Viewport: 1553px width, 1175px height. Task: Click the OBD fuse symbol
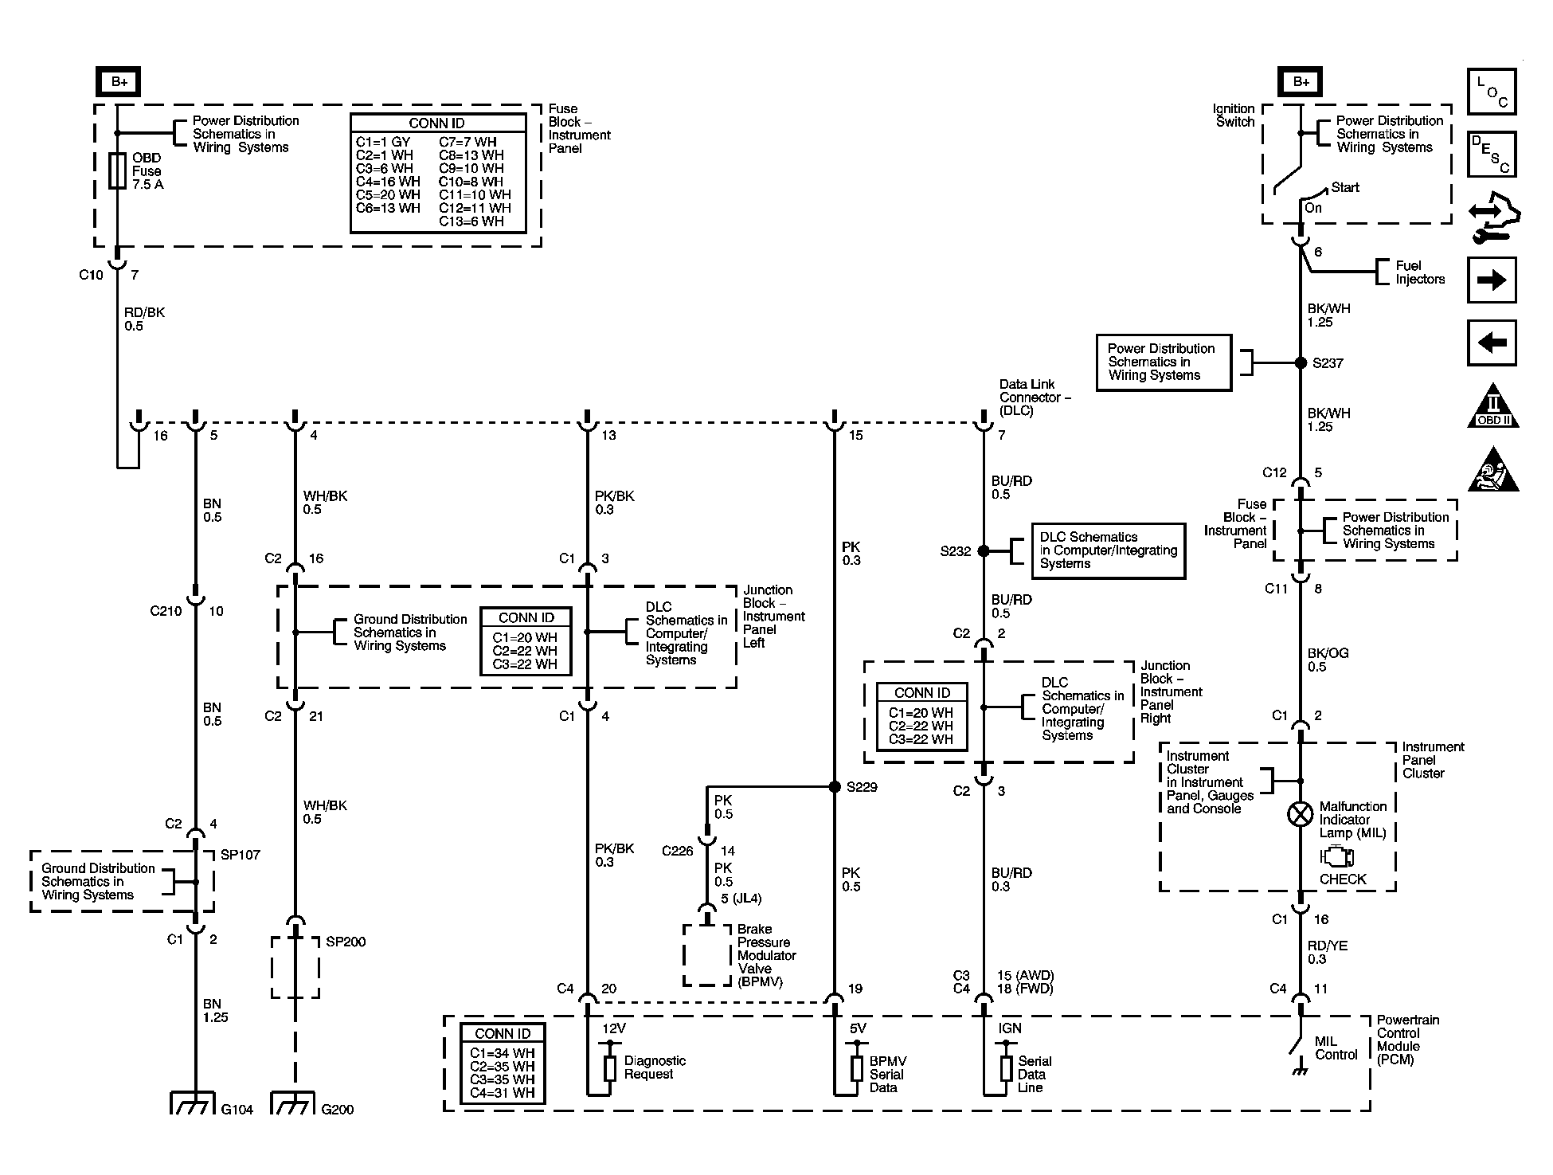(x=117, y=171)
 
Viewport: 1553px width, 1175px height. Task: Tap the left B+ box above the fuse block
(x=119, y=82)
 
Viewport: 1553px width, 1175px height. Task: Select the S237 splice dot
(x=1301, y=362)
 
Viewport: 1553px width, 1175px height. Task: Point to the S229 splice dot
(x=835, y=787)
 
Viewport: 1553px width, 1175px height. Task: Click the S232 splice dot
(x=984, y=550)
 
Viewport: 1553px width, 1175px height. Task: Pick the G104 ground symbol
(x=193, y=1103)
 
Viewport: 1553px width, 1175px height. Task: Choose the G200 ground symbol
(x=294, y=1103)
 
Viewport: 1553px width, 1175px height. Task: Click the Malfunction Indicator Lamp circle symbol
(x=1301, y=814)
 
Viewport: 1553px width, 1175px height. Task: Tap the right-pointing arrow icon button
(x=1492, y=280)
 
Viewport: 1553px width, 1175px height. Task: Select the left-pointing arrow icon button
(x=1492, y=343)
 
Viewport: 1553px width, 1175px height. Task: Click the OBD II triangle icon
(x=1493, y=406)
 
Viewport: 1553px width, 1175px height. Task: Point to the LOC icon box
(x=1492, y=92)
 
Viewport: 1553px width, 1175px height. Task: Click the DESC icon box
(x=1492, y=154)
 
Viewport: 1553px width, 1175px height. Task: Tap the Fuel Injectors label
(x=1420, y=272)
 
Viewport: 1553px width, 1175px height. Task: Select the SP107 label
(x=240, y=855)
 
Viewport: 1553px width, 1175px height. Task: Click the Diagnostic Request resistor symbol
(x=610, y=1068)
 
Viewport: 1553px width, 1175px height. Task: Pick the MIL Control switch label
(x=1336, y=1048)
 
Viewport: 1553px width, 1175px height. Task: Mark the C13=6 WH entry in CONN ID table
(x=471, y=221)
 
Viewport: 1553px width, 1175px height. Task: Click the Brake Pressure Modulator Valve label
(x=766, y=956)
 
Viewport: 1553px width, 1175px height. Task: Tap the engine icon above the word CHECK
(x=1336, y=857)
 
